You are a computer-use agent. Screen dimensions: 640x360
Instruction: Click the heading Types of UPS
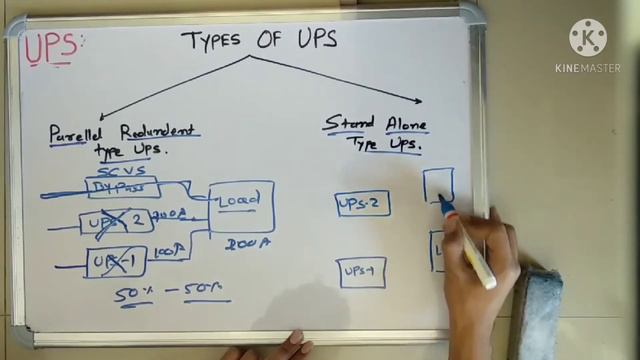coord(258,40)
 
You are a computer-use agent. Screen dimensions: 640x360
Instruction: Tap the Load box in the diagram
coord(240,204)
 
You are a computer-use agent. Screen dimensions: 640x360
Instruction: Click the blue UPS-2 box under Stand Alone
coord(363,204)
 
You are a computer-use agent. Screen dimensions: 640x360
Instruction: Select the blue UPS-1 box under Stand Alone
coord(362,271)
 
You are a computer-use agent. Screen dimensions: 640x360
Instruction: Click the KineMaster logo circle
coord(588,37)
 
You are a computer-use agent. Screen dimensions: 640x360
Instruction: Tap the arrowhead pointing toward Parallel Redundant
coord(103,117)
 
